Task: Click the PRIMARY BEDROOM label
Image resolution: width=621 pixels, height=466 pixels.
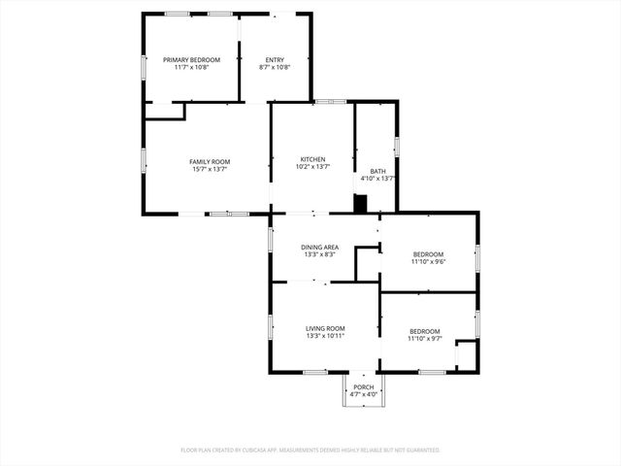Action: tap(191, 60)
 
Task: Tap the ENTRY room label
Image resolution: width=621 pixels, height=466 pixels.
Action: tap(275, 60)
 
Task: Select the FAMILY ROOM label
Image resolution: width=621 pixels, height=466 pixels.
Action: tap(210, 161)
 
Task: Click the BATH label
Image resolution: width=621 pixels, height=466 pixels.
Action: tap(377, 171)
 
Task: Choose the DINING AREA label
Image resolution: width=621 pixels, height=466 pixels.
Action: tap(319, 248)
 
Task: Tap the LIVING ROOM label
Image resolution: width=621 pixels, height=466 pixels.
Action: tap(326, 328)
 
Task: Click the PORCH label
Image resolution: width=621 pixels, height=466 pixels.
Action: tap(364, 386)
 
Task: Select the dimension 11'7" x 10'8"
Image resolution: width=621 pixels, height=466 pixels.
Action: tap(191, 68)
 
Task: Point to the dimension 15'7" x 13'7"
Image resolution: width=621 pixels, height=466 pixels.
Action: tap(210, 169)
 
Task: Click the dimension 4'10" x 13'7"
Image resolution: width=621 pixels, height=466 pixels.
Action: tap(377, 179)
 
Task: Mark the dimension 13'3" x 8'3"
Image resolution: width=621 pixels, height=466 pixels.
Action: tap(319, 255)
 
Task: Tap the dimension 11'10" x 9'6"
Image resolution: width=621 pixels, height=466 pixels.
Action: tap(427, 261)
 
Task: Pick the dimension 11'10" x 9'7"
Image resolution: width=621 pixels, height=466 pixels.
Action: tap(425, 339)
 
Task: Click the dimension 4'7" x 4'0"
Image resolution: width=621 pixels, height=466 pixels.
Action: tap(364, 394)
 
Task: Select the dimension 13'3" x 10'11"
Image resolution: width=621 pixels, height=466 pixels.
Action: tap(326, 336)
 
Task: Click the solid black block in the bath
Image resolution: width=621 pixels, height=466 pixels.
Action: tap(361, 204)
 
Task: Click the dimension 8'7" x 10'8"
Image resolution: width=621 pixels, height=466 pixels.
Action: tap(275, 68)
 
